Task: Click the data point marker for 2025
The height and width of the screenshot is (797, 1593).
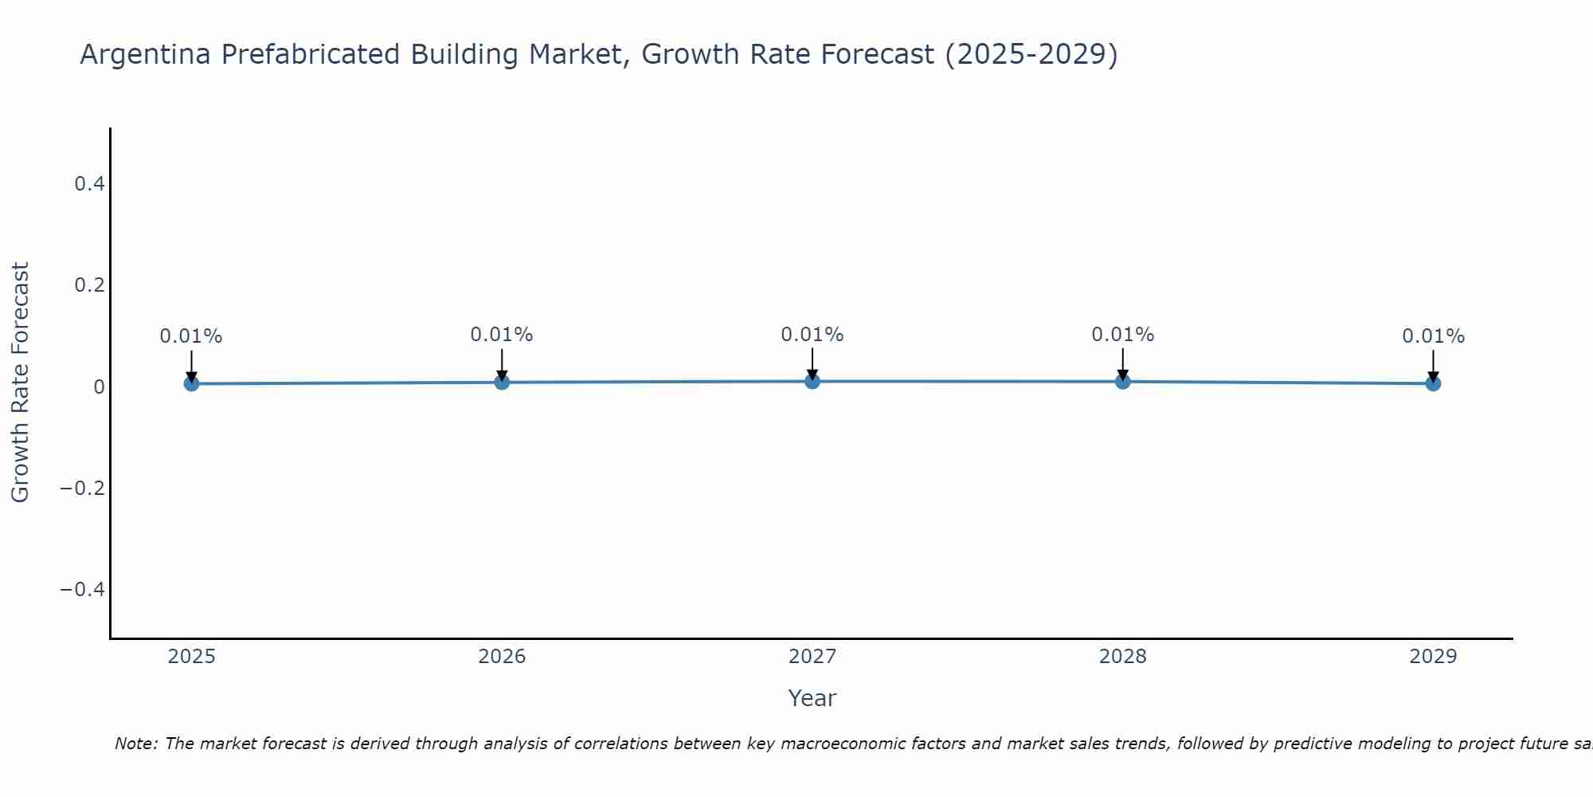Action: point(191,383)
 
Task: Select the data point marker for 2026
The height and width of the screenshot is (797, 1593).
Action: point(502,382)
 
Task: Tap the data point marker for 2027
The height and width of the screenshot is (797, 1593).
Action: point(812,381)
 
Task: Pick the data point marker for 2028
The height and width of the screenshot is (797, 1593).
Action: point(1123,381)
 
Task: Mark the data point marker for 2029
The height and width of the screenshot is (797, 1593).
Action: point(1433,383)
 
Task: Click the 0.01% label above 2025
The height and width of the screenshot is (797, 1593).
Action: point(191,336)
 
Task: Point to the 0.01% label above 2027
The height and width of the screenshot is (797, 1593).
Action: point(812,335)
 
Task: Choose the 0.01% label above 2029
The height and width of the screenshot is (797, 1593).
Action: point(1433,336)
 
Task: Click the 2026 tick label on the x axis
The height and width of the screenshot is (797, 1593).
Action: point(502,657)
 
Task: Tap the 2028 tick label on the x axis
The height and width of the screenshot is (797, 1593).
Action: point(1123,657)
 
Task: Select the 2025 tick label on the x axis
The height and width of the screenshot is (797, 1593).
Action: point(192,657)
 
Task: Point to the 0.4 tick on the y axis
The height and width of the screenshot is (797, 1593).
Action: point(89,184)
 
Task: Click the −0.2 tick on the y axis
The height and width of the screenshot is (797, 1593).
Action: point(83,488)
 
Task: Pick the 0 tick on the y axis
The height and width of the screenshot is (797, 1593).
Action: point(99,387)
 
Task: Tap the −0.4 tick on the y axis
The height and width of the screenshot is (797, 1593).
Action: point(83,589)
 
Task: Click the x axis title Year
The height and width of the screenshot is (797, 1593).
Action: point(812,698)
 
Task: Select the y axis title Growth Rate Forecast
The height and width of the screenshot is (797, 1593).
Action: point(20,383)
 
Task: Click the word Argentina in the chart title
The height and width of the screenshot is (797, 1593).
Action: point(145,55)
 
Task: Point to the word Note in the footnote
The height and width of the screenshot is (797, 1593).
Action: point(135,744)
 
